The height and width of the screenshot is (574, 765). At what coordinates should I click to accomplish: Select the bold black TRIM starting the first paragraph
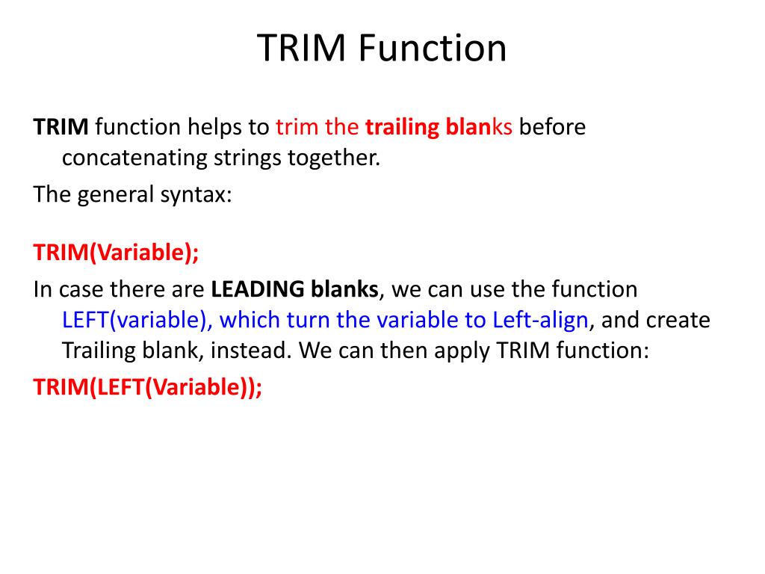61,127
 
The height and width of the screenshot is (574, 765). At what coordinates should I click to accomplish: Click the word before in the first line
552,127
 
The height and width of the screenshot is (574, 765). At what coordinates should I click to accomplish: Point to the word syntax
196,194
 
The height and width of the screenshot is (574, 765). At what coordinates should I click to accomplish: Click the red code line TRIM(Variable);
117,253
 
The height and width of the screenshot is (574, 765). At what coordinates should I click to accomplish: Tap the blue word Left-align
540,320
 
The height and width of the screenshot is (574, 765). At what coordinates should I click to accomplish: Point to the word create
678,320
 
